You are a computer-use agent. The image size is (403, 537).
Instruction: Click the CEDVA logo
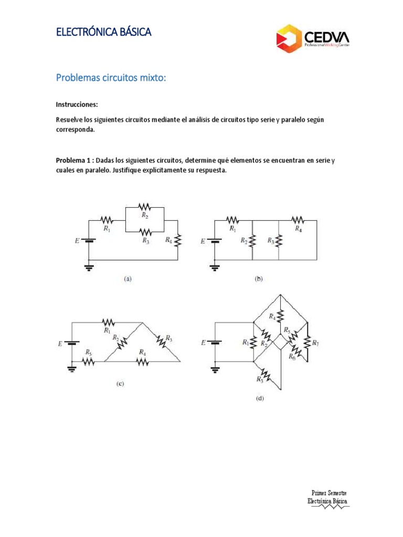click(x=312, y=37)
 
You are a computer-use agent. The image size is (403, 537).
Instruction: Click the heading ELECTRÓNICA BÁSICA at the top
click(x=103, y=33)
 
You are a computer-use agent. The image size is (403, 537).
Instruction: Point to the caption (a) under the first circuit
click(x=128, y=280)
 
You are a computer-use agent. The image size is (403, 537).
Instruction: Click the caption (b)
click(x=259, y=280)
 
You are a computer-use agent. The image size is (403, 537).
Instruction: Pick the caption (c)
click(x=120, y=383)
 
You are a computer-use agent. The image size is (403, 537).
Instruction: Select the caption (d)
click(x=260, y=398)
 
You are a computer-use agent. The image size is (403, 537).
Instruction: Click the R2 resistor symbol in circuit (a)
click(x=144, y=206)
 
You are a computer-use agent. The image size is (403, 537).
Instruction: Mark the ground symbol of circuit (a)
click(x=89, y=268)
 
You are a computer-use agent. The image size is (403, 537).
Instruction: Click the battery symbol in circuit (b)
click(x=215, y=241)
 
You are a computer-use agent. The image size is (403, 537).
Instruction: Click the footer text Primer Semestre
click(x=329, y=493)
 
